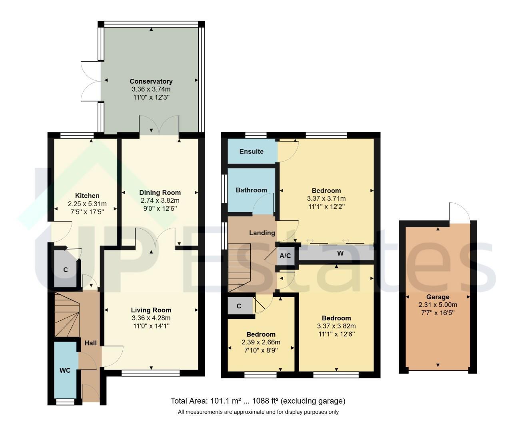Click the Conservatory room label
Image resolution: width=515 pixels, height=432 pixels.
click(151, 82)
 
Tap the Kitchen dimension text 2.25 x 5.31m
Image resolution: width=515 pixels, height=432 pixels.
click(87, 204)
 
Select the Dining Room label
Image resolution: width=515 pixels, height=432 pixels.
click(160, 193)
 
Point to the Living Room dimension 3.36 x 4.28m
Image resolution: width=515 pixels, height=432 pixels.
click(151, 318)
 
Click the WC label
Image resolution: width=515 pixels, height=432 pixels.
click(65, 370)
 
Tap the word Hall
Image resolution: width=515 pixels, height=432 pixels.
click(90, 343)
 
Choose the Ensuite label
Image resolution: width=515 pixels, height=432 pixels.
click(252, 152)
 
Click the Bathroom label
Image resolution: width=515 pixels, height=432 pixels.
click(252, 190)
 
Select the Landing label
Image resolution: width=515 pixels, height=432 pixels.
click(262, 233)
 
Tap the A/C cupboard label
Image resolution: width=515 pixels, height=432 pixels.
click(285, 256)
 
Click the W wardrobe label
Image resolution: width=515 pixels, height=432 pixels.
click(340, 253)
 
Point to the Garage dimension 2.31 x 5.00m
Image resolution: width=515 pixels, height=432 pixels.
click(437, 305)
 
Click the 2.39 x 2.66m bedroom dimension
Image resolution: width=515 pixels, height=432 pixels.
click(261, 342)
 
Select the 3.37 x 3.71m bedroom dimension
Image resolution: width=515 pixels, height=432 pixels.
click(326, 199)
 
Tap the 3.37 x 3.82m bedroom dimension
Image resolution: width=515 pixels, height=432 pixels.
click(336, 326)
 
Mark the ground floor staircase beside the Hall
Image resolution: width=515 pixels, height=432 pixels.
click(67, 314)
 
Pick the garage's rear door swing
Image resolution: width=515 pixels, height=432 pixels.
click(459, 212)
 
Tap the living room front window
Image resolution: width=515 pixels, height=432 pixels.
click(151, 373)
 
